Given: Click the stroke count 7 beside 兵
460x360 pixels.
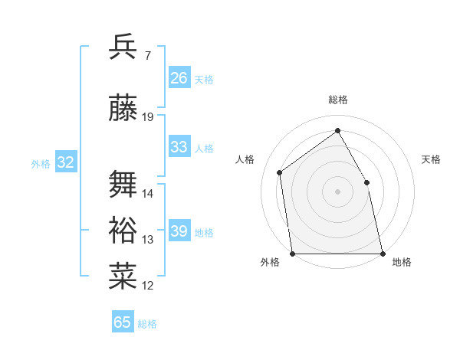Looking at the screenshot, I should [147, 55].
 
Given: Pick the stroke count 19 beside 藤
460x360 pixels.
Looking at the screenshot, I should [148, 117].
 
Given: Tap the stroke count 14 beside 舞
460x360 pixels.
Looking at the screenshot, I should [148, 194].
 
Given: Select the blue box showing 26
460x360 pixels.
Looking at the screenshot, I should [179, 78].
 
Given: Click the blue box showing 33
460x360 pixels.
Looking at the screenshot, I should [179, 147].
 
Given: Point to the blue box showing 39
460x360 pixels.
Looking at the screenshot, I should [179, 231].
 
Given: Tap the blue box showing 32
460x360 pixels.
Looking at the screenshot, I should [66, 162].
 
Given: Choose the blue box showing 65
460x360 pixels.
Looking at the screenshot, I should [123, 322].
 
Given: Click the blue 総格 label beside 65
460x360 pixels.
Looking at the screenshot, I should [147, 324].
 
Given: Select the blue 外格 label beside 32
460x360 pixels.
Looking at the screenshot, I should [41, 163].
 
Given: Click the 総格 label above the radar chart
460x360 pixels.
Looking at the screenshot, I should [337, 100].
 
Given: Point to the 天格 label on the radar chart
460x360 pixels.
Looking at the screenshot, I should [431, 159].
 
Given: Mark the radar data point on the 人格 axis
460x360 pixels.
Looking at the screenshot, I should [280, 172].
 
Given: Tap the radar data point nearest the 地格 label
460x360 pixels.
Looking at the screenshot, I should [382, 253].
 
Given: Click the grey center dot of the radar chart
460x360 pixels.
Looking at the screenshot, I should [337, 191].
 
